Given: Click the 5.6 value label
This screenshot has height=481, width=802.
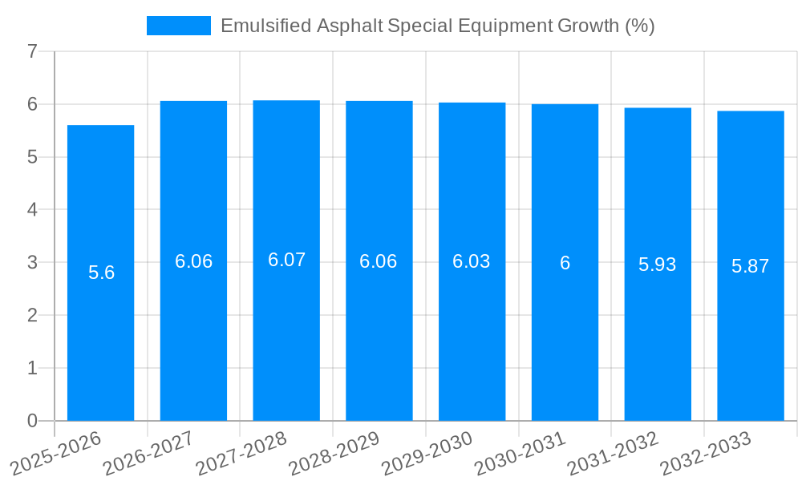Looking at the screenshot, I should (101, 273).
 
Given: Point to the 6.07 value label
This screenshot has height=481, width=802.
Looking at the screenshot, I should (286, 260).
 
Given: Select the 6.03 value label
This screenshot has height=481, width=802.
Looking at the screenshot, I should (472, 261).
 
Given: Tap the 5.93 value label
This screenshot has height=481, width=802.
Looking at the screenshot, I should (658, 265).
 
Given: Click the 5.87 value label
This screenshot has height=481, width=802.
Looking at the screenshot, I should (750, 266).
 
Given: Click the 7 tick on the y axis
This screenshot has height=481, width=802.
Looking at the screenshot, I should (32, 51).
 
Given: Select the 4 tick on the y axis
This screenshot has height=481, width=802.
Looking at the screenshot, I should (32, 210).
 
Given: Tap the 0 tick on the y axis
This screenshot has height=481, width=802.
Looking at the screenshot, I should (32, 421).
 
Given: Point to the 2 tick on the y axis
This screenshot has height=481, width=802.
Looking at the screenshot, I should (32, 315).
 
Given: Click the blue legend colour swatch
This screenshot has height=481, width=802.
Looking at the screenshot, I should (178, 26).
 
